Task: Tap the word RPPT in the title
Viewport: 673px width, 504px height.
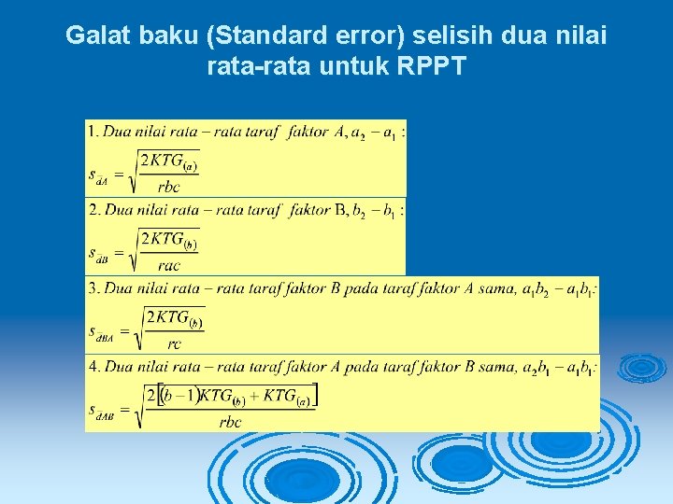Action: coord(431,65)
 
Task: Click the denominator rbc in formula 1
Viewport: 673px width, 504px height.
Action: coord(168,186)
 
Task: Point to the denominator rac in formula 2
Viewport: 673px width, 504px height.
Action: coord(168,264)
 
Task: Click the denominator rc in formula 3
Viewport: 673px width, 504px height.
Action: coord(174,343)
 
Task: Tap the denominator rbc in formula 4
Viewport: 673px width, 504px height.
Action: coord(230,421)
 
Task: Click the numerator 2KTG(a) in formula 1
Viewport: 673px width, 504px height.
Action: coord(168,162)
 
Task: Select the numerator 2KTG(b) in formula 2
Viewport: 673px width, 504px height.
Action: coord(168,240)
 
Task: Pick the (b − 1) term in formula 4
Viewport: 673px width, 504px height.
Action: coord(179,397)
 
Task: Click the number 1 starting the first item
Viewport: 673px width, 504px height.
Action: coord(92,133)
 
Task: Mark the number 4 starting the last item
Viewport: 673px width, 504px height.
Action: coord(93,367)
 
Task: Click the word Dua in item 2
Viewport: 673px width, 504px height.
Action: coord(117,210)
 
